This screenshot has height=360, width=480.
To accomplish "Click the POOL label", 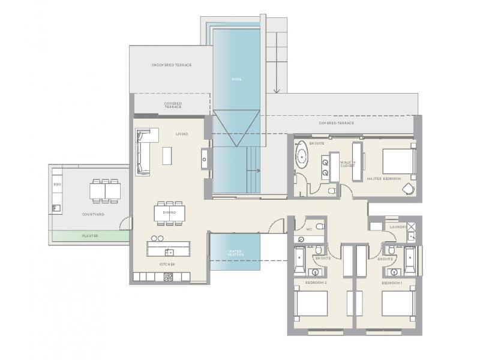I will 236,79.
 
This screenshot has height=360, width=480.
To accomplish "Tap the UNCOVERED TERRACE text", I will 171,65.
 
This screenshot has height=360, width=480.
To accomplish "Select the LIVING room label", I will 181,134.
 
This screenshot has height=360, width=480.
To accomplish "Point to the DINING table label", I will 170,212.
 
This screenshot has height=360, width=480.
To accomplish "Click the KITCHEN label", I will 167,264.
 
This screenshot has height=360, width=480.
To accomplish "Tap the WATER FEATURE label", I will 235,253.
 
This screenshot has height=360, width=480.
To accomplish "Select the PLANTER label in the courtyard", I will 90,236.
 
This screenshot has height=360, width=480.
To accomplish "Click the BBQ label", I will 57,185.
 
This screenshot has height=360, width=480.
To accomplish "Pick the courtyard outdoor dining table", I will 105,190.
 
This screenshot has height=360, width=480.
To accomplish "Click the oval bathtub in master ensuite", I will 301,160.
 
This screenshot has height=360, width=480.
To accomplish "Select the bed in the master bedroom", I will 398,161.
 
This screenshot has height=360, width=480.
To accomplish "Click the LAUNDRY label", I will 398,227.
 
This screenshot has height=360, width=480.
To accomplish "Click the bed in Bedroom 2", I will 311,304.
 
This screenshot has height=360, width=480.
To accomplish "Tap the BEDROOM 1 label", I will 392,282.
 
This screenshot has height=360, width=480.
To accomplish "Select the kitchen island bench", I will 169,248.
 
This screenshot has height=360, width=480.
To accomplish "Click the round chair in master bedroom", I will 409,188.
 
